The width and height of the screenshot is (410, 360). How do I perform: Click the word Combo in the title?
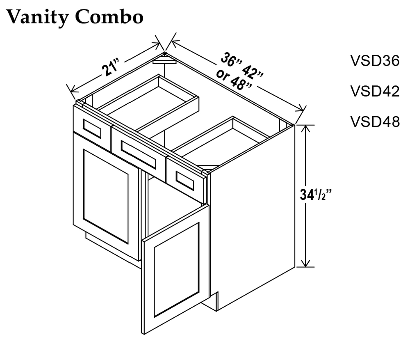click(109, 17)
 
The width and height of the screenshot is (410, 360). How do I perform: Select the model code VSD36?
click(375, 61)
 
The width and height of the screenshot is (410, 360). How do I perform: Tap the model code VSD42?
click(375, 91)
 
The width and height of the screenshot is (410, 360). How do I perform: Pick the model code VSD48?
click(375, 122)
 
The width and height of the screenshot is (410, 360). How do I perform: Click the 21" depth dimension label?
click(111, 68)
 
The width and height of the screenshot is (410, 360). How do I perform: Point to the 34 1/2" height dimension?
click(316, 195)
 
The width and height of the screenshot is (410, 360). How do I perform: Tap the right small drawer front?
click(185, 181)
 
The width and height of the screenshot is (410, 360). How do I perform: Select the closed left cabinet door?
click(106, 196)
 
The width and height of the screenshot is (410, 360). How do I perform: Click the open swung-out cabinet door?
click(175, 269)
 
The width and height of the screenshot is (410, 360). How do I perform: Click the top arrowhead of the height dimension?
click(305, 129)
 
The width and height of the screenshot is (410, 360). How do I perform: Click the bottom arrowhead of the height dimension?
click(305, 263)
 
